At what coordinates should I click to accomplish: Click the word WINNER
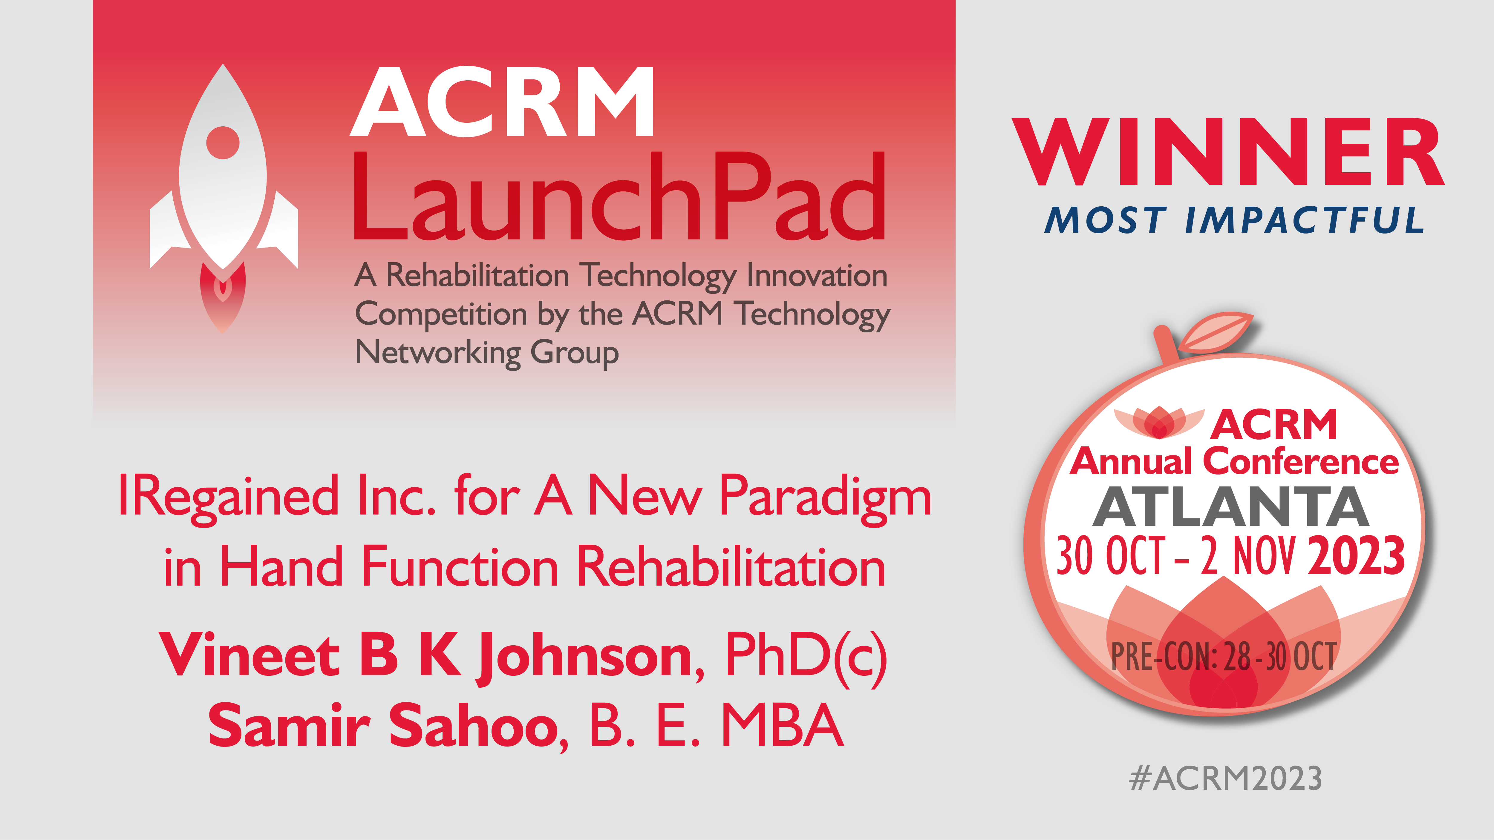pos(1228,152)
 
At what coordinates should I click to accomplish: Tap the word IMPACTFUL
pos(1305,220)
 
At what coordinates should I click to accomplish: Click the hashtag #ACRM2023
pos(1225,778)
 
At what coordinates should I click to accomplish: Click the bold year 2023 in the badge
pos(1357,555)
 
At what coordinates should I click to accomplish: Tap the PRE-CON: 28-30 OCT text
pos(1224,657)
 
